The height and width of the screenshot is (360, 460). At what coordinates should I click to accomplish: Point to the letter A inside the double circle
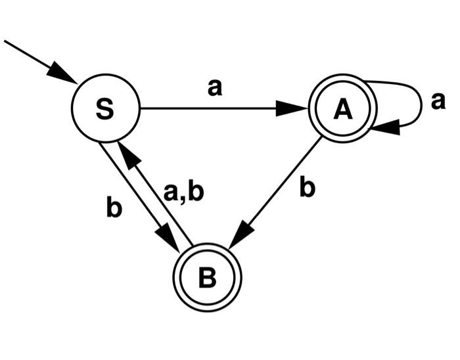point(342,110)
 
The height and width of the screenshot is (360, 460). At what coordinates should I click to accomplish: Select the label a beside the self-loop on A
point(438,101)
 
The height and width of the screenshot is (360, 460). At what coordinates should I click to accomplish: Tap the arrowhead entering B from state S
point(171,240)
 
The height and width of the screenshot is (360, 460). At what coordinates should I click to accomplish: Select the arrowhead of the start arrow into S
point(66,75)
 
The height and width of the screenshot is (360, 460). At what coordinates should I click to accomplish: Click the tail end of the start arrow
point(6,41)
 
